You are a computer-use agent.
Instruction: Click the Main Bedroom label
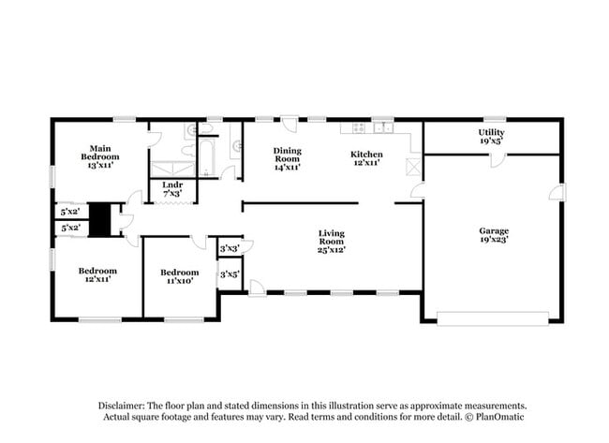(x=100, y=155)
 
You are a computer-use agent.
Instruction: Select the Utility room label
(x=491, y=137)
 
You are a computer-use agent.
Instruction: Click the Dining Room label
(x=287, y=158)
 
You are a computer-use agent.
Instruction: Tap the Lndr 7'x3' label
(x=172, y=190)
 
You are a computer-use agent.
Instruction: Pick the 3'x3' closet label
(x=229, y=248)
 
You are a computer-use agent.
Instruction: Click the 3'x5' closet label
(x=229, y=274)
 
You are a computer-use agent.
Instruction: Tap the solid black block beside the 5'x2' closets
(x=100, y=219)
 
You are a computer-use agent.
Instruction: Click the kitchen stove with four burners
(x=359, y=127)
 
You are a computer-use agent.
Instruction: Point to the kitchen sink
(x=383, y=127)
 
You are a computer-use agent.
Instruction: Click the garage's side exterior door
(x=559, y=192)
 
